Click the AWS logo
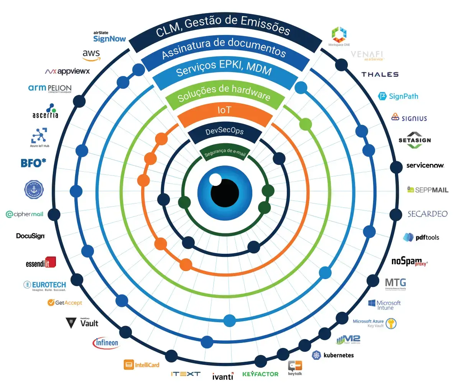coord(91,55)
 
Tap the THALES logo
coord(380,74)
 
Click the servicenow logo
coord(425,166)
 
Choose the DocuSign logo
coord(31,236)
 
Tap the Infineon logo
coord(106,343)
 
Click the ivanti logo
coord(223,376)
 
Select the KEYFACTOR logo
coord(260,374)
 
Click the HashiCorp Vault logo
coord(82,323)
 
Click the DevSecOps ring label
coord(225,131)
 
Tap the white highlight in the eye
coord(215,179)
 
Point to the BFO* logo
coord(33,163)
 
